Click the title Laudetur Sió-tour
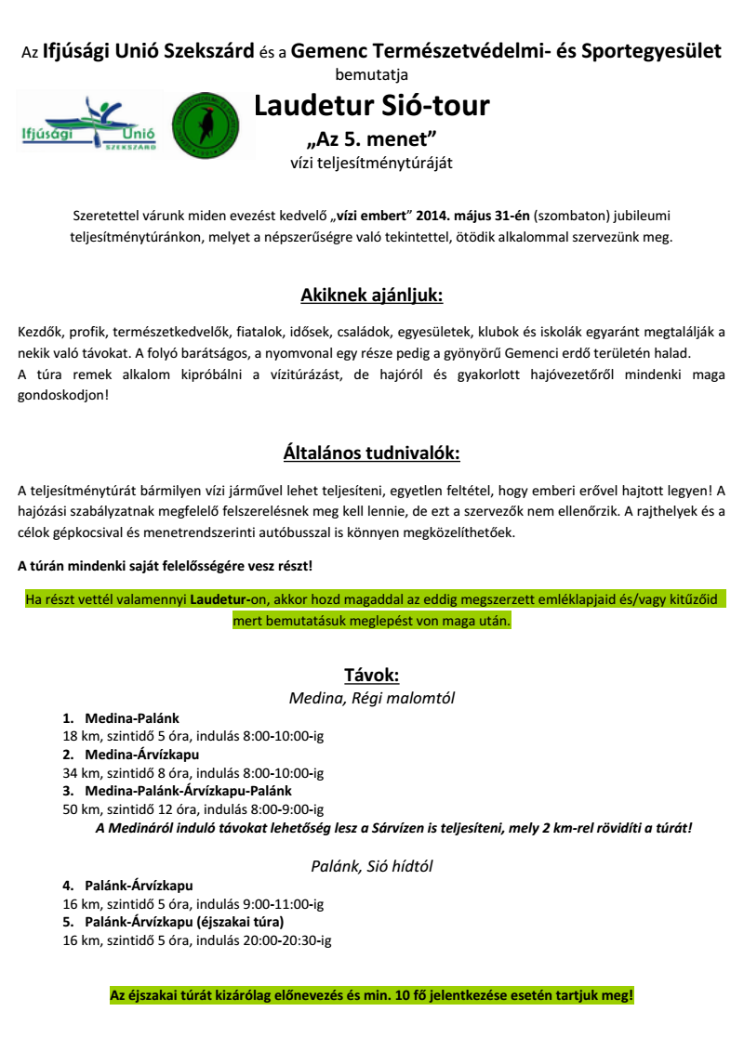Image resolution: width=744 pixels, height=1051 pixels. pos(372,106)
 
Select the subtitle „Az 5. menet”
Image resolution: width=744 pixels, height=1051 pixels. pos(372,140)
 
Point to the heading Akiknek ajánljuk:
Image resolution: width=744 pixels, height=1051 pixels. pos(372,296)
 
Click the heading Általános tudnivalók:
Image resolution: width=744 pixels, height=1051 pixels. pos(372,453)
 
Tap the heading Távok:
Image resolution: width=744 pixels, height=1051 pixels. pos(372,675)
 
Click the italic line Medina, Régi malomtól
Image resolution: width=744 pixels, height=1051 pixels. pos(372,697)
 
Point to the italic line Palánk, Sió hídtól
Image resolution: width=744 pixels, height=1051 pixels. pos(372,866)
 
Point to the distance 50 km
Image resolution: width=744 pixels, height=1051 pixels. pos(79,808)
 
